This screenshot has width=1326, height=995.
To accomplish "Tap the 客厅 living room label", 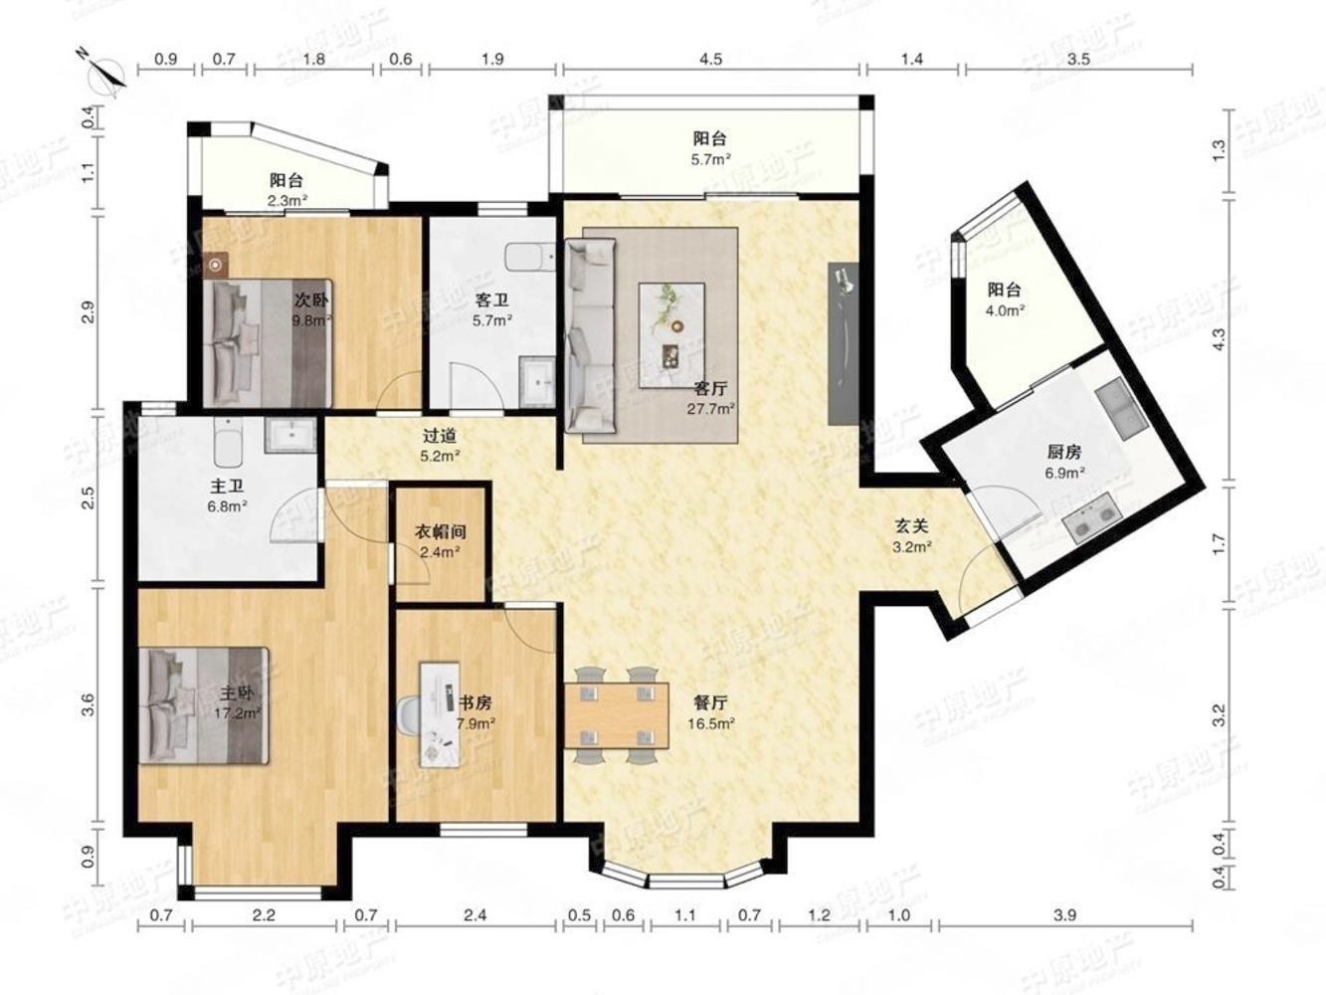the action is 710,388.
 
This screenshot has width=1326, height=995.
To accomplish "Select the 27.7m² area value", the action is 710,409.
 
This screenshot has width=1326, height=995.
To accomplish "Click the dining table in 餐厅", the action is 616,715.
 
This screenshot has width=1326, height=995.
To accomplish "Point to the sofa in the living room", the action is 590,335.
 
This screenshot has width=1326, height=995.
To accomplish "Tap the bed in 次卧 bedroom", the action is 268,342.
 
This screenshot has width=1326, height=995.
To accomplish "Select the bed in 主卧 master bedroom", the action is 203,706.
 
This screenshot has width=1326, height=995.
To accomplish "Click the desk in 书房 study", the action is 440,714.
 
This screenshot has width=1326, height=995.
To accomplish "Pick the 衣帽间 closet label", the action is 440,532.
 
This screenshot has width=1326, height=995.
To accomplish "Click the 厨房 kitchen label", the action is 1063,452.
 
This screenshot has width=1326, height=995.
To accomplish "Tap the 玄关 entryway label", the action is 911,526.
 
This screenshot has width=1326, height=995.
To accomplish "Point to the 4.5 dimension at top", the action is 710,60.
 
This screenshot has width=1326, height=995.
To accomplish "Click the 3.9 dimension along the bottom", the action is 1064,915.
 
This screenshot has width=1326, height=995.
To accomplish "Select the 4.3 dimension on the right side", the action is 1220,339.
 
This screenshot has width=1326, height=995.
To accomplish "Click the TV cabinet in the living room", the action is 844,343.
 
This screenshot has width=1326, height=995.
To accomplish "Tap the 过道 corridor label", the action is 439,435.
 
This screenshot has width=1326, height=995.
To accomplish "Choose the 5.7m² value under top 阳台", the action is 710,159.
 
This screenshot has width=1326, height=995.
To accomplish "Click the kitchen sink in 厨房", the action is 1122,409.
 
